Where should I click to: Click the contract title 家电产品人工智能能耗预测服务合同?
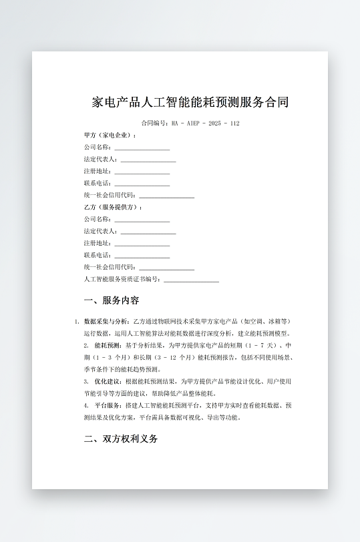point(190,102)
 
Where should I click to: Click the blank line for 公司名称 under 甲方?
point(142,148)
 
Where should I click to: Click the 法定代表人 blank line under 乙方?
point(148,232)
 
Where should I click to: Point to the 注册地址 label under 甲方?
point(98,172)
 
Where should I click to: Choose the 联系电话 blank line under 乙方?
point(142,256)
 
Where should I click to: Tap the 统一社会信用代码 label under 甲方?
point(110,196)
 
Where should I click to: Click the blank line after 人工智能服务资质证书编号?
point(191,280)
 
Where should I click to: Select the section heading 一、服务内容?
point(112,300)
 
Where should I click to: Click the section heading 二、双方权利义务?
point(121,439)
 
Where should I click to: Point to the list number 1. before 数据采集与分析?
point(77,322)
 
